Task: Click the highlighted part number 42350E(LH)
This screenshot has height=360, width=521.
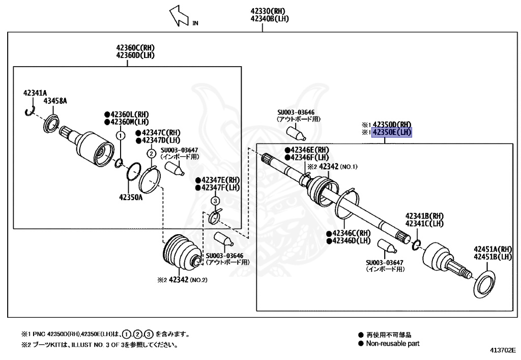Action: tap(392, 133)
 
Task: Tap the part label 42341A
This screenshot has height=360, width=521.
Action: tap(35, 93)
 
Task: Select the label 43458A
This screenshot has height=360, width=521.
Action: tap(55, 101)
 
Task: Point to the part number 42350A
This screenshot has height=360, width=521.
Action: tap(131, 197)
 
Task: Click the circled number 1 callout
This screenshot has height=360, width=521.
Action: tap(121, 135)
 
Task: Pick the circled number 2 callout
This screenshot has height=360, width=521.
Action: tap(151, 153)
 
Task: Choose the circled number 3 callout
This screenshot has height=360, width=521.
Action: tap(215, 201)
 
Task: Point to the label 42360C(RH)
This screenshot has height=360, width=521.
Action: tap(134, 48)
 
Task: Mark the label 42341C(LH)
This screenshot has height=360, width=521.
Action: tap(424, 224)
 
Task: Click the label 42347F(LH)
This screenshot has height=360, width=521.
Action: tap(220, 187)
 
